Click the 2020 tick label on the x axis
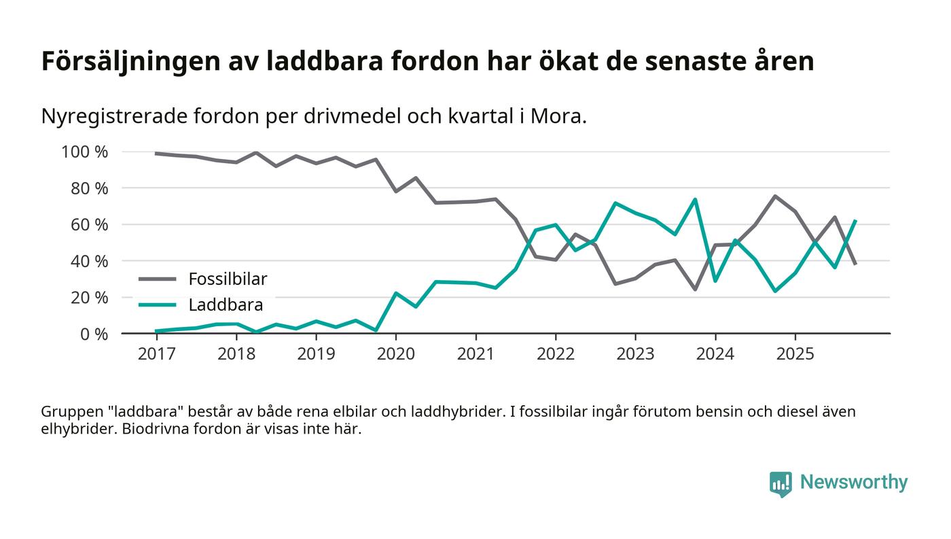396,353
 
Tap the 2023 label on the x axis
635,353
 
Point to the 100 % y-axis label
85,152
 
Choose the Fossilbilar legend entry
228,279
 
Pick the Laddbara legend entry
226,305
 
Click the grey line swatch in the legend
158,279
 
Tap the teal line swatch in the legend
158,305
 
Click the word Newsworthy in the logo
853,483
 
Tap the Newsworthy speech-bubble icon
781,483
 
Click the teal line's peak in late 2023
695,199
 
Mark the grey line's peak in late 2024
775,196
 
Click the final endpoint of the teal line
855,221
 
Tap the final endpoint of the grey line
855,264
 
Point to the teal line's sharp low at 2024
715,281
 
